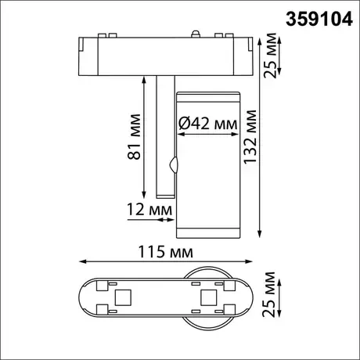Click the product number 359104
click(x=319, y=20)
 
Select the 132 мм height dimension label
click(x=250, y=137)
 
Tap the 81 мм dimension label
click(x=134, y=137)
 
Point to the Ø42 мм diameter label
click(x=208, y=123)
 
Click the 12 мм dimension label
click(x=149, y=209)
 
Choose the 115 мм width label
click(x=165, y=252)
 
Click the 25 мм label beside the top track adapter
click(x=270, y=56)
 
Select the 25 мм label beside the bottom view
click(x=269, y=294)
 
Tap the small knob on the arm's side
click(x=173, y=164)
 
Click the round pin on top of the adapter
click(x=196, y=34)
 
